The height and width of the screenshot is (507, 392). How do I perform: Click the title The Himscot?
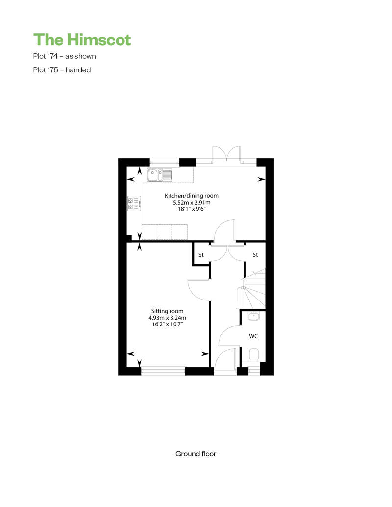click(x=82, y=40)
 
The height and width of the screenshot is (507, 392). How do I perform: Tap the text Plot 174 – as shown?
click(x=64, y=56)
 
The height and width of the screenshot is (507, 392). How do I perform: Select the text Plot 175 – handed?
click(x=62, y=70)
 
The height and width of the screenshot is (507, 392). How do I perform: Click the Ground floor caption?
click(x=196, y=454)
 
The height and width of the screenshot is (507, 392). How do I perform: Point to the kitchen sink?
click(x=160, y=175)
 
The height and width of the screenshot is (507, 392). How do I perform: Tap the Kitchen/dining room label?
click(x=191, y=196)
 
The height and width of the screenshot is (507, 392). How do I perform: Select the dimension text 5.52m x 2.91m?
click(x=192, y=203)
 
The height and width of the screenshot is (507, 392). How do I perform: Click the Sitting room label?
click(x=168, y=311)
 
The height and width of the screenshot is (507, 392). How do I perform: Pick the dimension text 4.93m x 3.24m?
click(x=168, y=318)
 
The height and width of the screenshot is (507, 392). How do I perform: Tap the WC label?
click(x=253, y=336)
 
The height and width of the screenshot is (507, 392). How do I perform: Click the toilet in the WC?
click(x=254, y=355)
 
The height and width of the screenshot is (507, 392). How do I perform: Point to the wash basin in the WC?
click(x=254, y=316)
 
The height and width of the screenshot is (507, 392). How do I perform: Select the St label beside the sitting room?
click(x=201, y=255)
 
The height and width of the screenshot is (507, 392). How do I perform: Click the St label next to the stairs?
click(x=255, y=255)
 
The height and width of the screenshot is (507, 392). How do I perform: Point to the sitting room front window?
click(x=163, y=371)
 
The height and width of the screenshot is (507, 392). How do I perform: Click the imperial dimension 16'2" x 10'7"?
click(x=168, y=324)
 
